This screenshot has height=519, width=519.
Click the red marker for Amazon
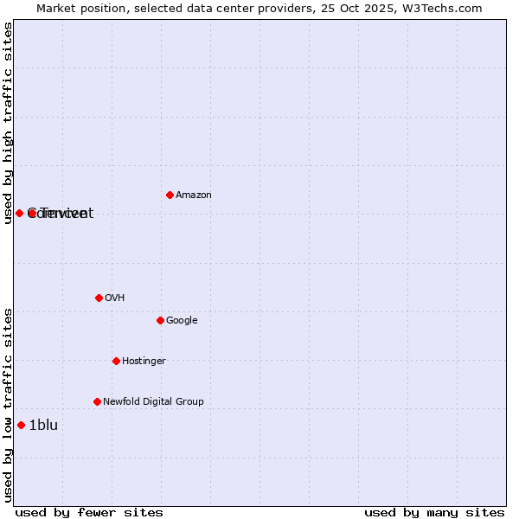[170, 195]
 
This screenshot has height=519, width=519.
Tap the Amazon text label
[194, 195]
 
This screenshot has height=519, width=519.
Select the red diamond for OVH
[99, 298]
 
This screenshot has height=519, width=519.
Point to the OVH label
[115, 298]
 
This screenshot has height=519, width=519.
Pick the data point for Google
[160, 320]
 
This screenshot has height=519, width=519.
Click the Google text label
[182, 321]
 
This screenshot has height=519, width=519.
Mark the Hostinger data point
[116, 361]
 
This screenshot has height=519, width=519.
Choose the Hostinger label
[144, 362]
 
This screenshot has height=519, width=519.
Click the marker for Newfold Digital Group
[97, 401]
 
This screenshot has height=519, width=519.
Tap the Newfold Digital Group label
[153, 402]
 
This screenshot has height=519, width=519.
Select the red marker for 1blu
[21, 425]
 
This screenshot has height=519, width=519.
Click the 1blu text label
[43, 426]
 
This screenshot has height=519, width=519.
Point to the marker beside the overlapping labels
[19, 213]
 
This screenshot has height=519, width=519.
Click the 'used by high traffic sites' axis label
[9, 123]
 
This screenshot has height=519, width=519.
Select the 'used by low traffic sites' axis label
[9, 405]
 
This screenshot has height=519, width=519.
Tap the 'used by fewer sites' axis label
[89, 513]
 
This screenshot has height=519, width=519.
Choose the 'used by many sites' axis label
[434, 513]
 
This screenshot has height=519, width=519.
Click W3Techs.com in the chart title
[445, 8]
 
